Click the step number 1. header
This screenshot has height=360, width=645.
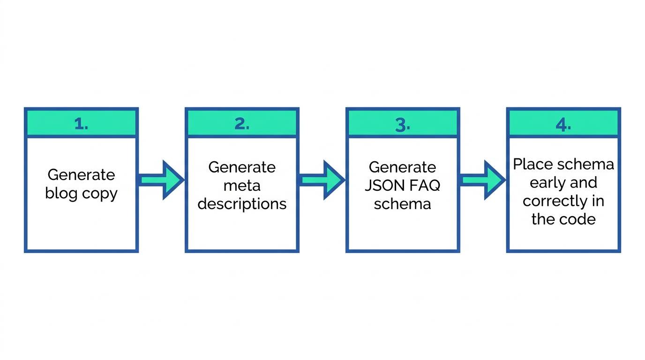click(81, 124)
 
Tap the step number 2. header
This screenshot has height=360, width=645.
click(242, 124)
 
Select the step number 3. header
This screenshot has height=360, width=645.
click(403, 124)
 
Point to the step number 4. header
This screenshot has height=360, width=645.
click(563, 124)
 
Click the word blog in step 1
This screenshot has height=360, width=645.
click(61, 194)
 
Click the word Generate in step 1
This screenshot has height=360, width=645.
click(81, 175)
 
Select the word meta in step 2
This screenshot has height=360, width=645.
click(242, 186)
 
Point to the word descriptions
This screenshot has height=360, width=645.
click(242, 204)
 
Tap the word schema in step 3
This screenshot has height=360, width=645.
click(403, 204)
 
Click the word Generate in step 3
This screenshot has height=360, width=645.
click(403, 167)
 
